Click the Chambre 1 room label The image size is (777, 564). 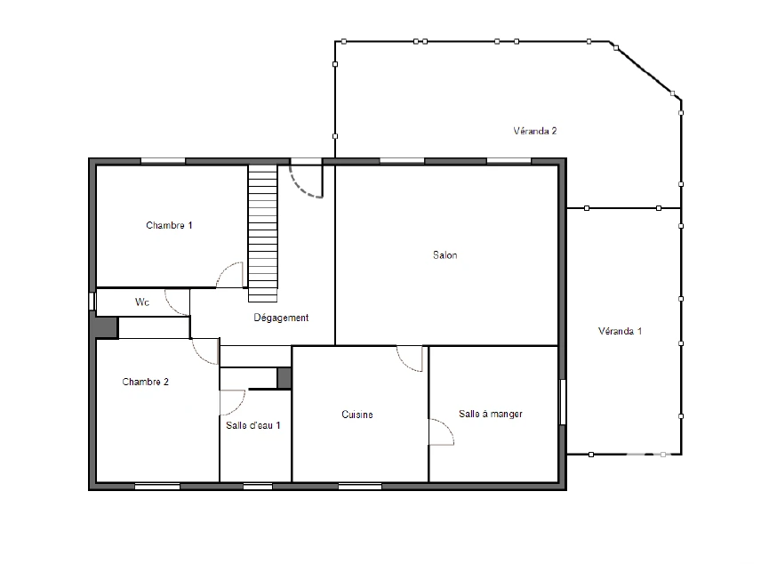coord(169,225)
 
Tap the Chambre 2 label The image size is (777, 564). coord(145,382)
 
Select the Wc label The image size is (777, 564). coord(142,302)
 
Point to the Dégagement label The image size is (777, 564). coord(281,318)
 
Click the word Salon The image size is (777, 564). coord(445,255)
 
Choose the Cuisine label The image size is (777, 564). coord(357,415)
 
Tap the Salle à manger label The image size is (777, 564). coord(491,414)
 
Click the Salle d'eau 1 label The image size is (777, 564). coord(253,425)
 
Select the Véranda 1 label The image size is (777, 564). coord(620,331)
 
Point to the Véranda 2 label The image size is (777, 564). coord(534,131)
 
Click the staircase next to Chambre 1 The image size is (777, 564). coord(262,233)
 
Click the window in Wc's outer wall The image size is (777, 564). coord(92,301)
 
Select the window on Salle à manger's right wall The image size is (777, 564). coord(563,402)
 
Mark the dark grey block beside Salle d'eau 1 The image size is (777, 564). coord(284,378)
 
